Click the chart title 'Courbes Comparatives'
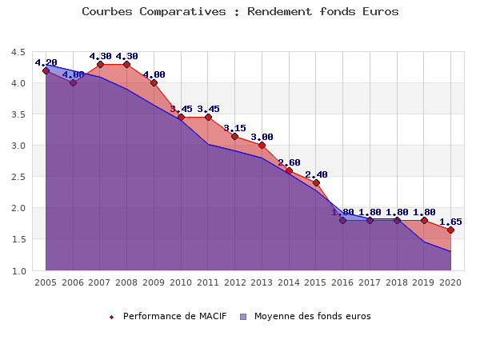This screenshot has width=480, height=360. coord(240,12)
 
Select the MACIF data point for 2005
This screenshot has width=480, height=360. coord(46,70)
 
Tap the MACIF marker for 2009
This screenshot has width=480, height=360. coord(154,83)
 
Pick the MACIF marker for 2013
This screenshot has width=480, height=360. coord(262,146)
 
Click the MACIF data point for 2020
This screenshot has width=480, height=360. coord(450,230)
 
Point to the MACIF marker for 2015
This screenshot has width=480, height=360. coord(316,183)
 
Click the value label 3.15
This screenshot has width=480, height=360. coord(234,128)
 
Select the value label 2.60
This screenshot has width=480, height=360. coord(289,162)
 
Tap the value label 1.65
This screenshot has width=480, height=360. coord(450,222)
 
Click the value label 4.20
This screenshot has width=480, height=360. coord(46,62)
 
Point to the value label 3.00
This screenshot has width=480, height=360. coord(262,137)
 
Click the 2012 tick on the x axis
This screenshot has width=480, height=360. coord(234,282)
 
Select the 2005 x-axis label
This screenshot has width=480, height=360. coord(46,282)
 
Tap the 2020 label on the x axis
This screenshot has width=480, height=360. coord(450,282)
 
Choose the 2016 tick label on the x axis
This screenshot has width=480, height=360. coord(342,282)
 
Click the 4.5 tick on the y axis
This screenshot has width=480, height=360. coord(18,52)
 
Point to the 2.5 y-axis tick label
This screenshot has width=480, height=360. coord(18,177)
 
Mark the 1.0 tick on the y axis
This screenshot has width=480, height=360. coord(18,271)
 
